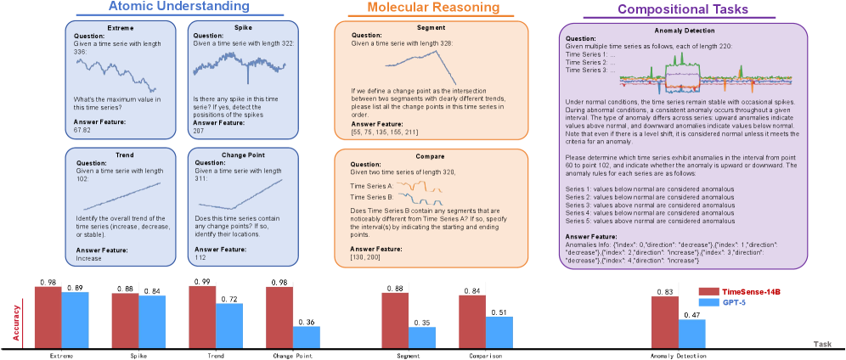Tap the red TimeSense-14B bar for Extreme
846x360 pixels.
click(x=48, y=316)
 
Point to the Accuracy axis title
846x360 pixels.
click(x=15, y=323)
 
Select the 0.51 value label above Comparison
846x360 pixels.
click(x=499, y=312)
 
